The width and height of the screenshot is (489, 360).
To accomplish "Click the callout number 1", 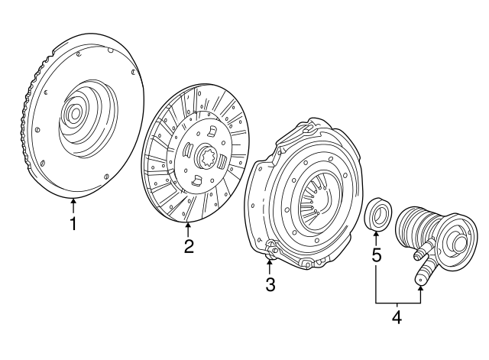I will point(73,224).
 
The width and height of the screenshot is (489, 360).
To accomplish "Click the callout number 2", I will point(188,246).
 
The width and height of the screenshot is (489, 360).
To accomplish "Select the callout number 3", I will point(270,285).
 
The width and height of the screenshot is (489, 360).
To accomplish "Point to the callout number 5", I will point(376,255).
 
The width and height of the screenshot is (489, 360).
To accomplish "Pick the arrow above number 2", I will point(188,227).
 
